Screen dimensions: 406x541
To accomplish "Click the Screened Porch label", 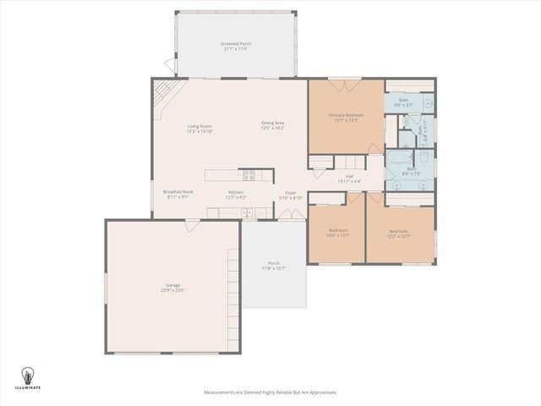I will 236,43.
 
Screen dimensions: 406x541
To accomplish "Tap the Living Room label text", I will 199,126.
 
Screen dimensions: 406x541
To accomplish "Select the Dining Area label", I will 273,123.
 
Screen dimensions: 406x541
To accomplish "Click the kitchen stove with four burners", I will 249,175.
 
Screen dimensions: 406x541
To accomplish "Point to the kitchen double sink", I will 246,211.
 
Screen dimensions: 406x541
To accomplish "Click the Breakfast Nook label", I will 178,192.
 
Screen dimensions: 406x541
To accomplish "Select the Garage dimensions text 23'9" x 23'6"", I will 173,290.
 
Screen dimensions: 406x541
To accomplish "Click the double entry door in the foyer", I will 290,215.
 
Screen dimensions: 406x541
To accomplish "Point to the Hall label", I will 349,176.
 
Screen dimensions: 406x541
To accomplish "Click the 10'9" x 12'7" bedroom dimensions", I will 338,234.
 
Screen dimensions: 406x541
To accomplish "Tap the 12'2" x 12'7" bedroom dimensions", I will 398,236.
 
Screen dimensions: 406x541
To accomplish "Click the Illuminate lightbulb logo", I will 28,375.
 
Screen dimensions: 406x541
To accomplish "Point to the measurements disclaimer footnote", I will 270,392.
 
